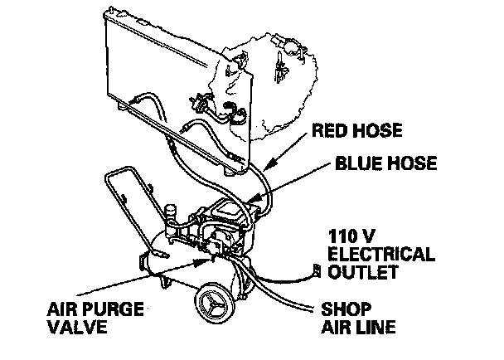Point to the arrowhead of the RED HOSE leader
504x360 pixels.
(250, 174)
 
